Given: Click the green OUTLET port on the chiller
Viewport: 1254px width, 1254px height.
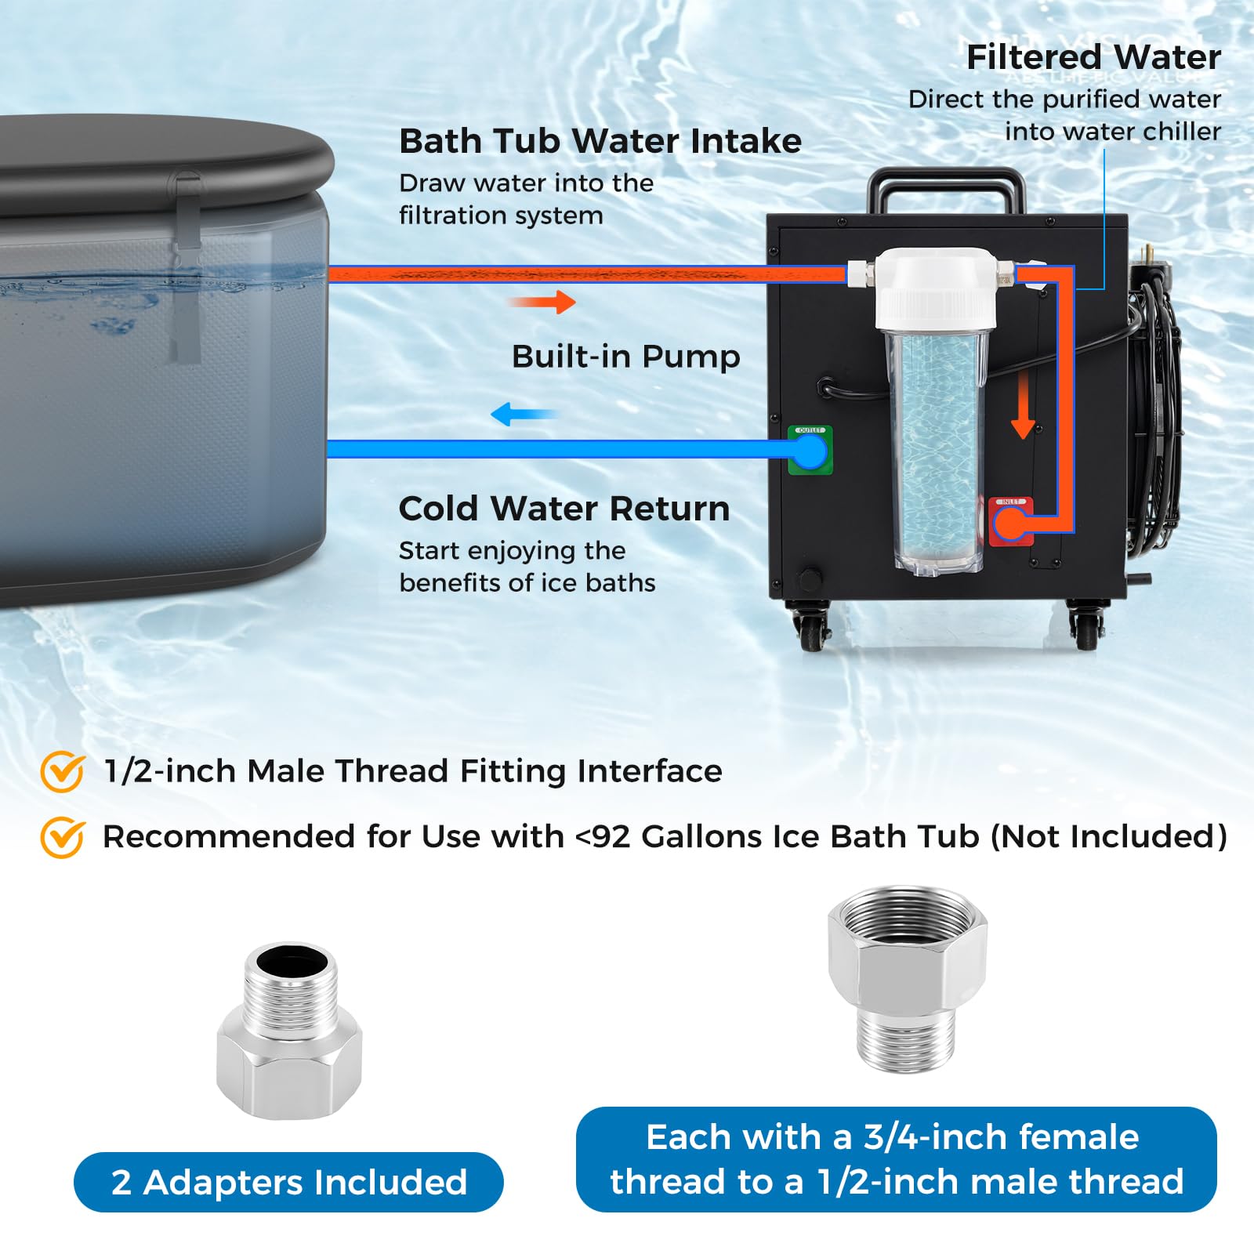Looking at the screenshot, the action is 810,451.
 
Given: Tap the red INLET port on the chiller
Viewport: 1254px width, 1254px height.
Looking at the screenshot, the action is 1010,521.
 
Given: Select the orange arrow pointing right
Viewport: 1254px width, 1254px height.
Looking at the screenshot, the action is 542,302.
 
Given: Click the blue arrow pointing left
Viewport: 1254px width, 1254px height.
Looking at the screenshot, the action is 524,414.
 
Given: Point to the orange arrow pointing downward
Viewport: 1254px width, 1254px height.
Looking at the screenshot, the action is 1023,404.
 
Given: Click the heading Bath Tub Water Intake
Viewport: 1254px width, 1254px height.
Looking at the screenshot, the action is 600,141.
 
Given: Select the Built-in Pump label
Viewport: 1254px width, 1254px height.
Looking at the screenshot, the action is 625,357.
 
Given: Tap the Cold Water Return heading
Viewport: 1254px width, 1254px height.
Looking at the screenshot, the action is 564,509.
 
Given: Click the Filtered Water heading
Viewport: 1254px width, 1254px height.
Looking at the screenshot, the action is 1093,57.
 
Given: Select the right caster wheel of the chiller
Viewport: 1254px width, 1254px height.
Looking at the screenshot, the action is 1085,625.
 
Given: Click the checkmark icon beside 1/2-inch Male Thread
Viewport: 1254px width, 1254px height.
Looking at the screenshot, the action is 63,772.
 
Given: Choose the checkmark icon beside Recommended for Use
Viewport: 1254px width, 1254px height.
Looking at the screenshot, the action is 63,837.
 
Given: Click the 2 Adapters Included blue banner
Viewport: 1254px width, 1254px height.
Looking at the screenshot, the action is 288,1182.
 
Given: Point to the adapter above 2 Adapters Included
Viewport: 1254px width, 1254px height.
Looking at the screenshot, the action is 289,1030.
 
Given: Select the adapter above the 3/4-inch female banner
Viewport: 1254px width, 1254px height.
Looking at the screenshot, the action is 908,980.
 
